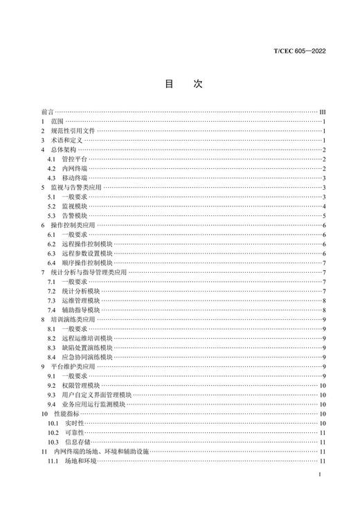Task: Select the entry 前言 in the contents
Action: [46, 111]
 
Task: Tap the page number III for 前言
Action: [322, 111]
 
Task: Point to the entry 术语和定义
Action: [67, 140]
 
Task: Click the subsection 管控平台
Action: [75, 159]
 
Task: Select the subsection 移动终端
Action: [75, 178]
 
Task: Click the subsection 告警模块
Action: [75, 216]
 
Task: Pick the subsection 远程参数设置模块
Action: [87, 253]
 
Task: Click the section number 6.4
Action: [51, 263]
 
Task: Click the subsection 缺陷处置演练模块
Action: [87, 348]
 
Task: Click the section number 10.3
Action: [53, 442]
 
